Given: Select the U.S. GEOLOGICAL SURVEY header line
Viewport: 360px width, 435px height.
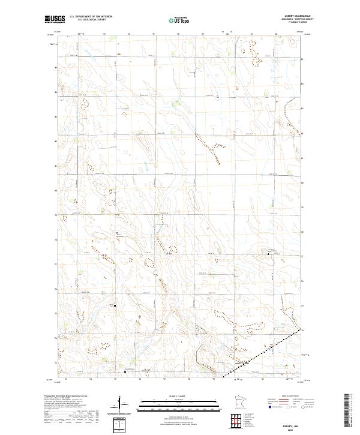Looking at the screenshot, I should tap(91, 20).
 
